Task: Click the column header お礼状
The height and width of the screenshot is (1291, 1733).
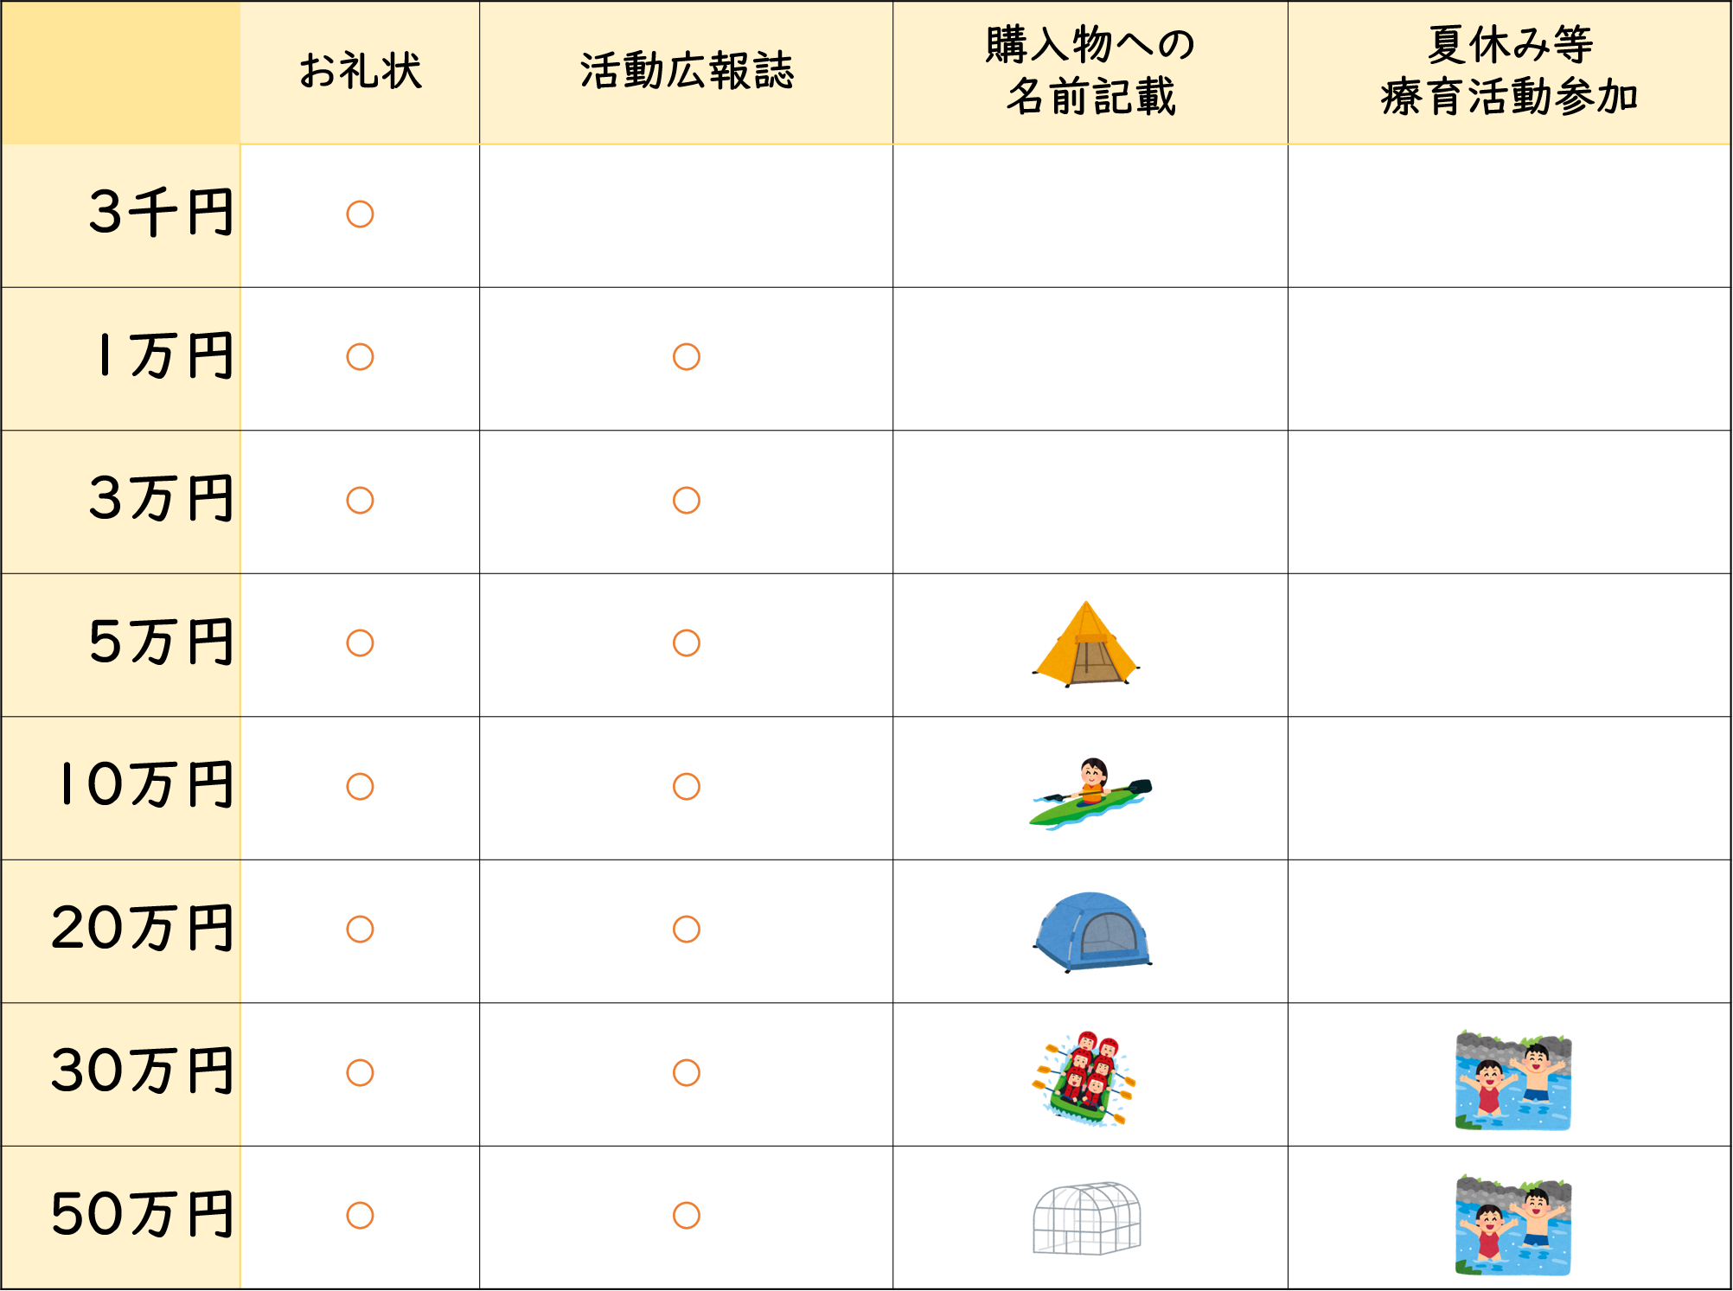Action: point(361,71)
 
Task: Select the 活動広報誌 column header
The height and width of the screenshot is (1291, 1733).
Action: point(687,71)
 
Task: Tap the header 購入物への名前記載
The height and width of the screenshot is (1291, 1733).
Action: point(1090,71)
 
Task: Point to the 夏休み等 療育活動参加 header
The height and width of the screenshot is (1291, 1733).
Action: point(1510,71)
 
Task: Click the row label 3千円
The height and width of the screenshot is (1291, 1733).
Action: point(161,213)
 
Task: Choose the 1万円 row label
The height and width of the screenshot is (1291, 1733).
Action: point(166,355)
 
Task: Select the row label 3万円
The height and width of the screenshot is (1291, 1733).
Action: point(161,499)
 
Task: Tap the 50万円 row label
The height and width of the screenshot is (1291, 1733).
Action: point(143,1214)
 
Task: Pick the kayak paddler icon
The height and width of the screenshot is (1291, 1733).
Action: point(1090,793)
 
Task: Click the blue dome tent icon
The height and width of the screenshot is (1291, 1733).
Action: point(1092,932)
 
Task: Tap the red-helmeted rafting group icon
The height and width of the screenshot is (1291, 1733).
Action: point(1084,1077)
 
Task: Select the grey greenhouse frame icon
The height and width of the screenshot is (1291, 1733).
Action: point(1087,1218)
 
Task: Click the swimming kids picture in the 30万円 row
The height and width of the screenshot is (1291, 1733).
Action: point(1513,1080)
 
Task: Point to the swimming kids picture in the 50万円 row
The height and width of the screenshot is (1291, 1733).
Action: point(1513,1224)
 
